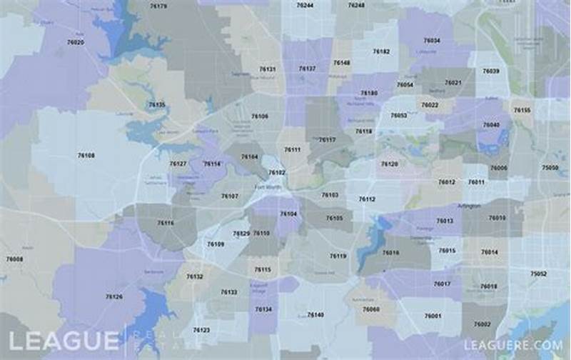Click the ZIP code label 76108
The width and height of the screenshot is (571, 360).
(x=86, y=155)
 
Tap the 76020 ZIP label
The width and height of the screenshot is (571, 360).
(x=75, y=42)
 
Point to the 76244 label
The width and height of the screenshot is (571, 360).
(x=305, y=5)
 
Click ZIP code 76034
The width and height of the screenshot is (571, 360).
(x=432, y=41)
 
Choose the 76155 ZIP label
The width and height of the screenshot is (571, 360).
(x=522, y=111)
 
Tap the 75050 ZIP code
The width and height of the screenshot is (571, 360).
(x=550, y=167)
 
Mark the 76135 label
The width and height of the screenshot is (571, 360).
(x=156, y=105)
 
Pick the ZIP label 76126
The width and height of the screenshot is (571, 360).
(x=114, y=296)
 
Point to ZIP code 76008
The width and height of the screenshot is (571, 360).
(x=14, y=259)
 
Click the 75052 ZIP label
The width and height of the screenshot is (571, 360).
(x=539, y=274)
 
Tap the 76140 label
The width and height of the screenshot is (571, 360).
(x=315, y=314)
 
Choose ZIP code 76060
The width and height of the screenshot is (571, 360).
(x=371, y=309)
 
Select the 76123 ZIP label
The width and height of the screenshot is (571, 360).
(x=201, y=330)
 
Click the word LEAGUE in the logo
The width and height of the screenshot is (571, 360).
(x=64, y=341)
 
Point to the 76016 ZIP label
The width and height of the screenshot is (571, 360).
(x=390, y=253)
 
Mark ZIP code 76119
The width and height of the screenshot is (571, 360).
(x=338, y=256)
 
